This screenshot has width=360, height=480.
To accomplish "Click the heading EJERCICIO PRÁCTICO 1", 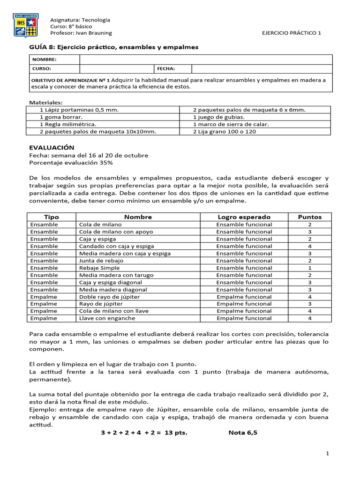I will click(x=291, y=33).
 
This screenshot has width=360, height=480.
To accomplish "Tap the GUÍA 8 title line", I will click(x=114, y=47).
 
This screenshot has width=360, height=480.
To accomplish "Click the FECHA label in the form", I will click(x=166, y=68).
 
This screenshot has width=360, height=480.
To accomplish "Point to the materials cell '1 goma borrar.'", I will click(x=61, y=117).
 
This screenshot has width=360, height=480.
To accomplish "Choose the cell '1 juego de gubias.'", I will click(x=218, y=117).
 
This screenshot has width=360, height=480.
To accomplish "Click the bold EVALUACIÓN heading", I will click(x=52, y=147).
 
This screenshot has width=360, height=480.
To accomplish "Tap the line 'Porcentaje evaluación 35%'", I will click(x=71, y=163).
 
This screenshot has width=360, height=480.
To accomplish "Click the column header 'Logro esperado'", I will click(x=244, y=217).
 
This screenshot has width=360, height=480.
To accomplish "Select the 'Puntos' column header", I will click(x=310, y=217).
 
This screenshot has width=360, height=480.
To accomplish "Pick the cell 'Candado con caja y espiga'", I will click(x=116, y=246).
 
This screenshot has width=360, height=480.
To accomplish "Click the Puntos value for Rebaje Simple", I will click(x=310, y=268).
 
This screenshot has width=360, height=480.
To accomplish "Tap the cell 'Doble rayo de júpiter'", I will click(x=110, y=297).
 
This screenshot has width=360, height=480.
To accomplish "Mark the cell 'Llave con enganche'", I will click(x=107, y=318).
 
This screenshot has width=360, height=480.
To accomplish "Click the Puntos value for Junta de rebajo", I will click(x=310, y=261).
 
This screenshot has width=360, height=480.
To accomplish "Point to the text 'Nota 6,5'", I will click(x=243, y=433).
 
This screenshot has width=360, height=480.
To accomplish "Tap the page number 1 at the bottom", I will click(x=328, y=454).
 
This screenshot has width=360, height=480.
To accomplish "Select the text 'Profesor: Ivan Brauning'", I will click(x=81, y=33).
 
